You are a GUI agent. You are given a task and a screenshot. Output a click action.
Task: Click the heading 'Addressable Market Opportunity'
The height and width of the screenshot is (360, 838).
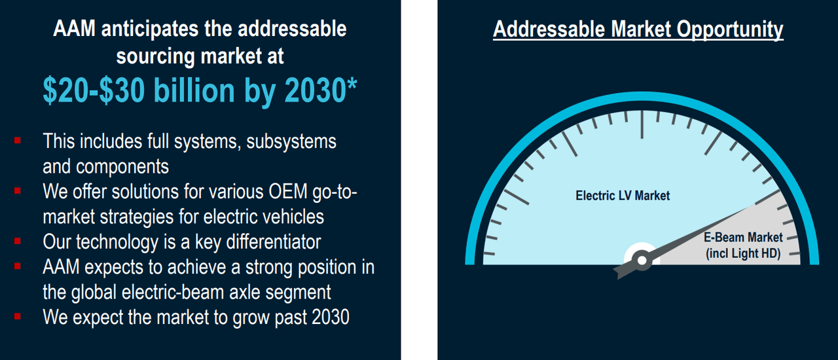click(x=638, y=29)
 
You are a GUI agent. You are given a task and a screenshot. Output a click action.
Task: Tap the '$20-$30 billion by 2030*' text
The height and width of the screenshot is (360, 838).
click(x=200, y=90)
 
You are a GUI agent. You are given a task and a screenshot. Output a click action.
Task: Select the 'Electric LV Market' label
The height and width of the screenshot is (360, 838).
click(x=623, y=195)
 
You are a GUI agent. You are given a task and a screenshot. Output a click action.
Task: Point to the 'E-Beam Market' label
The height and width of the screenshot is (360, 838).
click(x=743, y=238)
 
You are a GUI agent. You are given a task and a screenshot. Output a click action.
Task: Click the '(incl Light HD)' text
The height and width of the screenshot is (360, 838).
click(x=743, y=253)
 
